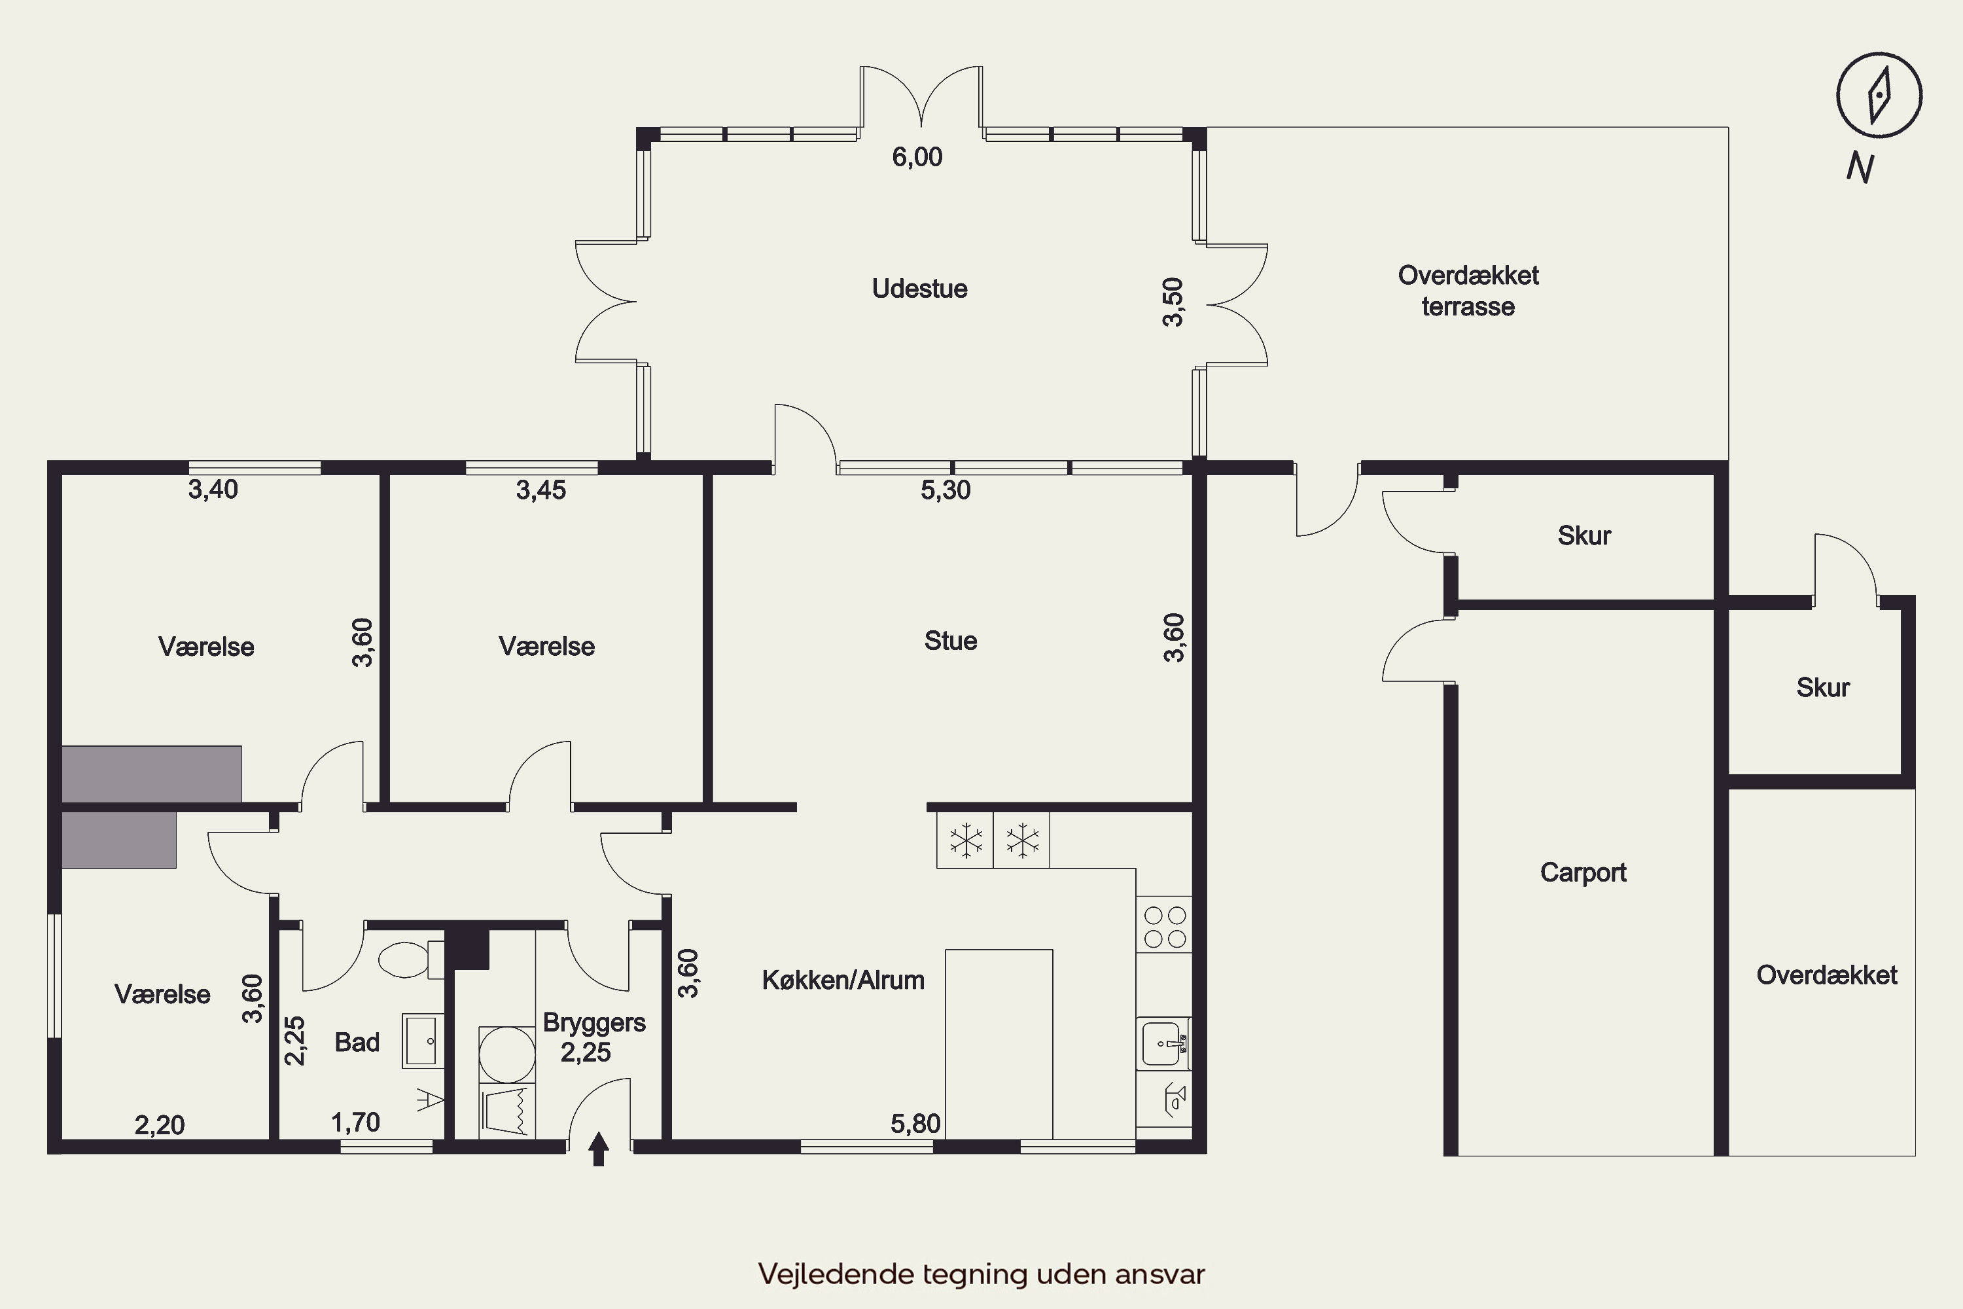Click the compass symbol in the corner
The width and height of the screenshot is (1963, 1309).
1879,95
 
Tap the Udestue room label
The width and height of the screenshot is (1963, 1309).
920,289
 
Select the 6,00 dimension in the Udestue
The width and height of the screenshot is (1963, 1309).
917,157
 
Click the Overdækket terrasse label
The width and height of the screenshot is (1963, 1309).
1468,291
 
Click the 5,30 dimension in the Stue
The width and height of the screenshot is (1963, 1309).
946,490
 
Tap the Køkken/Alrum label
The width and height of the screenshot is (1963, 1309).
843,980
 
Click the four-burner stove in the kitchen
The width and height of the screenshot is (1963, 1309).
1164,927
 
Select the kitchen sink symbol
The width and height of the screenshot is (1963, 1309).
1163,1043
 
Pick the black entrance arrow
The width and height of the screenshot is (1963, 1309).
599,1149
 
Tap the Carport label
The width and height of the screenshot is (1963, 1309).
1583,872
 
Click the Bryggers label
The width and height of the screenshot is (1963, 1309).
594,1022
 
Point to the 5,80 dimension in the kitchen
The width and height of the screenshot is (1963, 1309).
915,1124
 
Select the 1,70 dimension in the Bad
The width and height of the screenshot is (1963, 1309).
355,1123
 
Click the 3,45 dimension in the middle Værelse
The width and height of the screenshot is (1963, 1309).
541,490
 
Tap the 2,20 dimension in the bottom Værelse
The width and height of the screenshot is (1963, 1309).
160,1125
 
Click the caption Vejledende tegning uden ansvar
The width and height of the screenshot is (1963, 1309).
981,1274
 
